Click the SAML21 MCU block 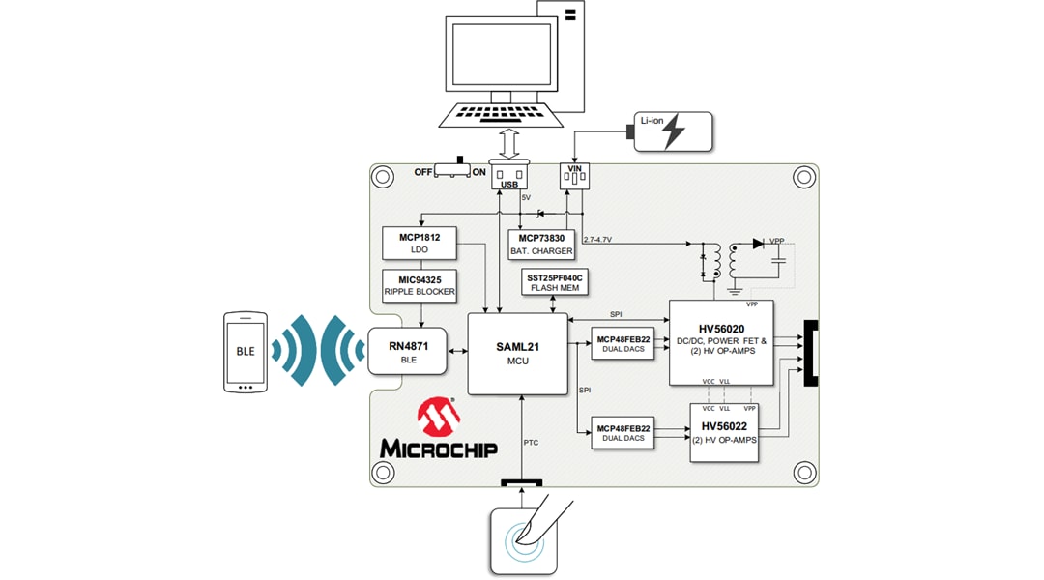[517, 353]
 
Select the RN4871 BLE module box [407, 352]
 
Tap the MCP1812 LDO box [420, 243]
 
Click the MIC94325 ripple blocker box [420, 285]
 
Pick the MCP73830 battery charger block [541, 244]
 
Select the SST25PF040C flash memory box [552, 281]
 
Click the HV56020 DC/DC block [721, 343]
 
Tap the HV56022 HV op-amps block [723, 433]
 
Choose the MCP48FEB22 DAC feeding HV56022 [623, 433]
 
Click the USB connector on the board [509, 176]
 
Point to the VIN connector [574, 175]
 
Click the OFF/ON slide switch [452, 170]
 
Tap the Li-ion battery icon [673, 131]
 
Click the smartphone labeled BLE [246, 352]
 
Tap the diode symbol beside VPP [758, 244]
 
